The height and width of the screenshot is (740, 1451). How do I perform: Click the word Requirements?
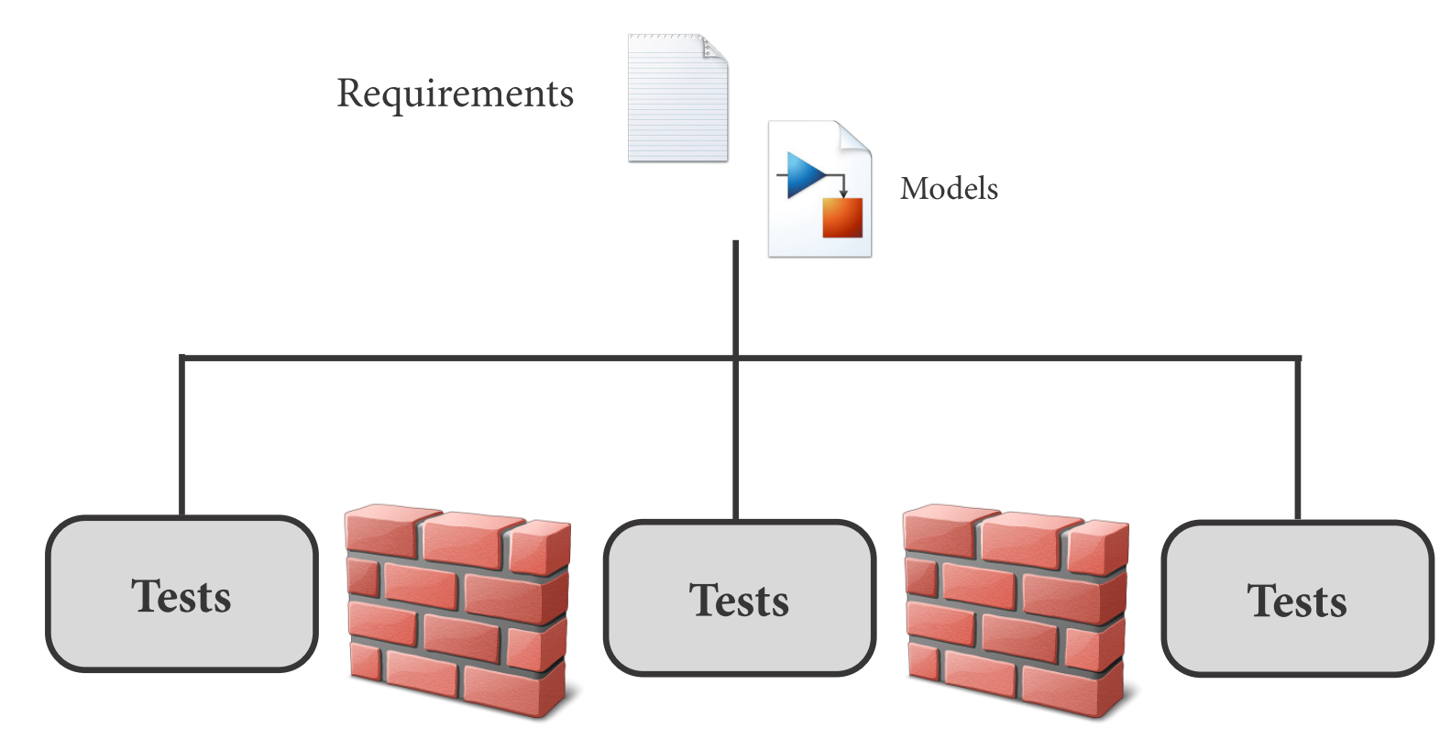[x=455, y=94]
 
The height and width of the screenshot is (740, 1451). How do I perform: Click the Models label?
[x=949, y=189]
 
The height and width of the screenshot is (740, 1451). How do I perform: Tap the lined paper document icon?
[x=676, y=101]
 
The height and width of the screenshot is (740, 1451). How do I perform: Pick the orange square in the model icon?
[x=842, y=218]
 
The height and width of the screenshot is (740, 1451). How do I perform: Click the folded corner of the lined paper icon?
[x=715, y=48]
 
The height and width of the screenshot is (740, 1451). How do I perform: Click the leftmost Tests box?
[x=181, y=594]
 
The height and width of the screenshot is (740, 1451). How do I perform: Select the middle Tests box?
[x=739, y=598]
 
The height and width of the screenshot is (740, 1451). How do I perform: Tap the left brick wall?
[x=457, y=610]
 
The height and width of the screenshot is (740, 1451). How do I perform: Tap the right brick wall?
[x=1016, y=610]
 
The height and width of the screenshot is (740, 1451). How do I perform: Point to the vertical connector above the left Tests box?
[x=181, y=436]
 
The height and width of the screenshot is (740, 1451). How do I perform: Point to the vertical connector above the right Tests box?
[x=1297, y=438]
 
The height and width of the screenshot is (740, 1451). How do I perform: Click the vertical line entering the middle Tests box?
[x=735, y=440]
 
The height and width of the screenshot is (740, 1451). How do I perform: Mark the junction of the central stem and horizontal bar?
[x=735, y=357]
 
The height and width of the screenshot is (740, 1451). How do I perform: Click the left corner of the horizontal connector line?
[x=181, y=357]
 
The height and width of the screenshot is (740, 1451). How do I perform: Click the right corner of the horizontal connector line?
[x=1297, y=358]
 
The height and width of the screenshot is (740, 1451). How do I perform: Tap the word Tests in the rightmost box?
[x=1297, y=602]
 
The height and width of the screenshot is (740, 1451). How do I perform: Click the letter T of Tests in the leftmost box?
[x=145, y=596]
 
